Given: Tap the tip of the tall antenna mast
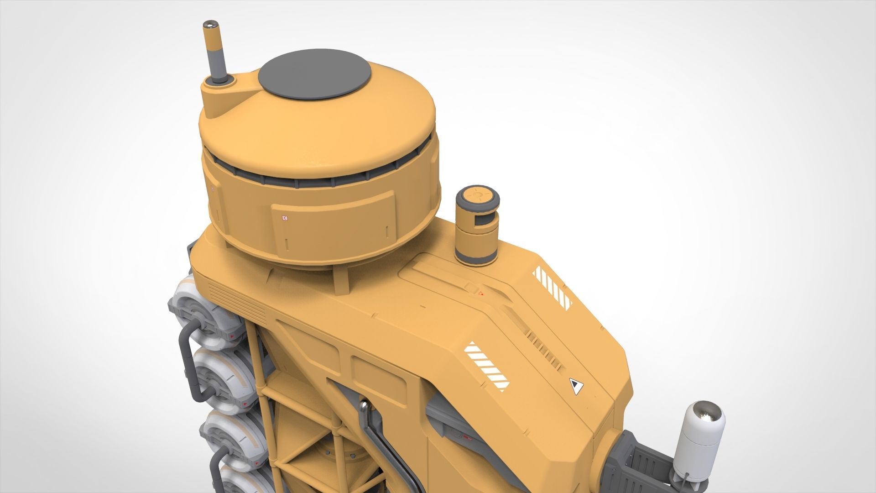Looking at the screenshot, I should (211, 24).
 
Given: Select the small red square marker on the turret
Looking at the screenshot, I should (285, 218).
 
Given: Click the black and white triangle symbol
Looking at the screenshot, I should (576, 387).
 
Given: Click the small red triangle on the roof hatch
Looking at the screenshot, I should (480, 294).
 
